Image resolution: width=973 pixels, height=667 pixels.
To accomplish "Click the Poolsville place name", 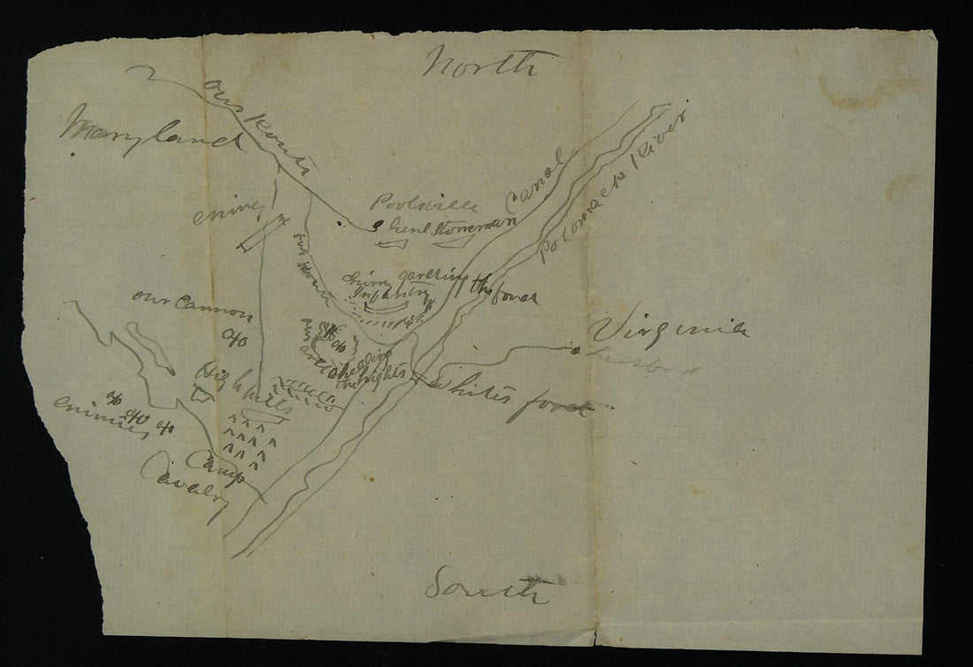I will [x=425, y=204].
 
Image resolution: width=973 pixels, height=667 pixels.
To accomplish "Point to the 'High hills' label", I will [x=234, y=384].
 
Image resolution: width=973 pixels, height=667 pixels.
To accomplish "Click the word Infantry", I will [x=390, y=293].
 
